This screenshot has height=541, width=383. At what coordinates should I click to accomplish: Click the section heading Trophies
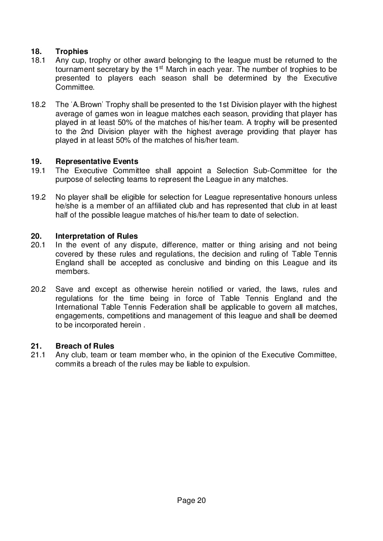pos(72,51)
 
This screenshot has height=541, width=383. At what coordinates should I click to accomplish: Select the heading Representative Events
pos(97,162)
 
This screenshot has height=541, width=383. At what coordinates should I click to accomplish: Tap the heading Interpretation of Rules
pos(96,236)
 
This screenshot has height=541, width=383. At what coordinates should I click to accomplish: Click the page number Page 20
pos(191,500)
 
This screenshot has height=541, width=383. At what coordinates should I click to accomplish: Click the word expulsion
pos(232,364)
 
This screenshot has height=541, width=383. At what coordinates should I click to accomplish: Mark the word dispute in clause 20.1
pos(128,245)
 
